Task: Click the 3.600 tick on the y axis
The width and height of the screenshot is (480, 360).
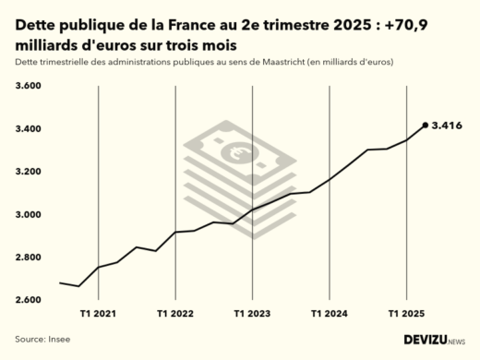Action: (x=30, y=86)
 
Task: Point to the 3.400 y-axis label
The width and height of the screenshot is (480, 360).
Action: (x=30, y=129)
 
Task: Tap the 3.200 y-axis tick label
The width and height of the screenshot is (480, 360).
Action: (x=30, y=172)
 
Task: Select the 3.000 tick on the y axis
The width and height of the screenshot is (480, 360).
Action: (x=30, y=215)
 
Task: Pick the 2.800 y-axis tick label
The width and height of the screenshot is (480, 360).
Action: (x=30, y=258)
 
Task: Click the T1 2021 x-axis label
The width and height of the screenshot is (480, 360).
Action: (x=98, y=314)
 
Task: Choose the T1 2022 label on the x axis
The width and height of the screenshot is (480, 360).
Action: (x=175, y=314)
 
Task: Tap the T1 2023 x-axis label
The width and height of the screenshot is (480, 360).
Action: (x=252, y=314)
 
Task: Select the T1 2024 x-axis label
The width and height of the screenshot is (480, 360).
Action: (x=330, y=314)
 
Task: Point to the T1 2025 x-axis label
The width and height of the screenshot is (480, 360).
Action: (x=406, y=314)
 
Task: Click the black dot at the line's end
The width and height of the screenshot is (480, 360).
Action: (x=425, y=125)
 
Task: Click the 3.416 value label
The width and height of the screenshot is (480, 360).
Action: (x=447, y=125)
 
